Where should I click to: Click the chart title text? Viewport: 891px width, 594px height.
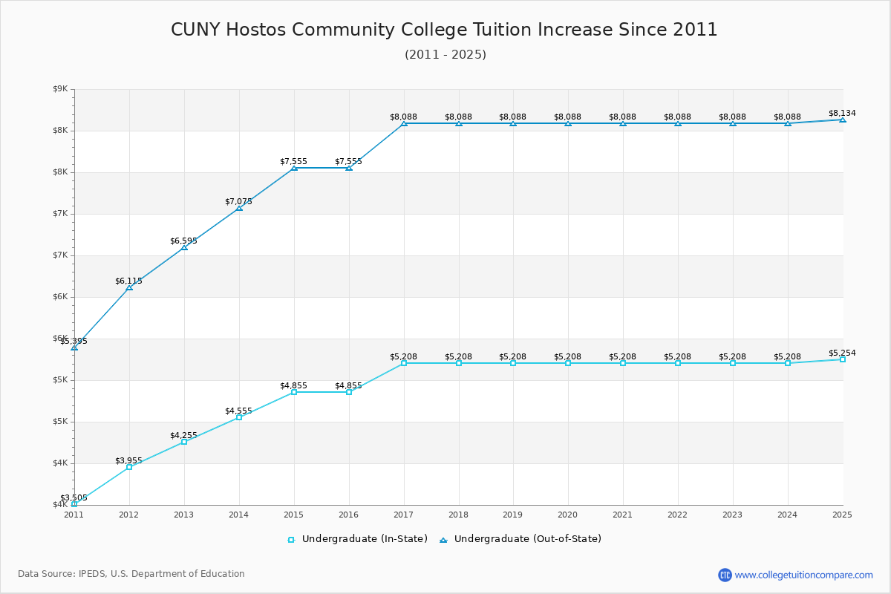(x=444, y=30)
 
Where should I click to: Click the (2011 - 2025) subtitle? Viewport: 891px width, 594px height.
(x=446, y=54)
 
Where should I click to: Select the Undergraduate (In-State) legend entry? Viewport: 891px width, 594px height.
(x=357, y=539)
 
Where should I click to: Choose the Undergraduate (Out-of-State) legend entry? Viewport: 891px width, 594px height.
(x=520, y=539)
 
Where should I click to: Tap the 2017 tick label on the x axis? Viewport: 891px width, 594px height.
(x=403, y=515)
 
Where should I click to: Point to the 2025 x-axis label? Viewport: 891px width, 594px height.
(x=842, y=515)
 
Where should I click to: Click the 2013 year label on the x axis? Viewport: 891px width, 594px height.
(x=184, y=515)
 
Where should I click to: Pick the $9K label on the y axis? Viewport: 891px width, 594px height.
(x=60, y=88)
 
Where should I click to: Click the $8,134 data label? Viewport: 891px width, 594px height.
(x=842, y=113)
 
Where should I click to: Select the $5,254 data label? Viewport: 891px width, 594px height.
(x=842, y=353)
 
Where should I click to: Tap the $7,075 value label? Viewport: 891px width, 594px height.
(x=238, y=202)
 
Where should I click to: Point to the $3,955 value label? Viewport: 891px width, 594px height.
(x=129, y=460)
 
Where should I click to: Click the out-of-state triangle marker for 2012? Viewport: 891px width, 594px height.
(x=129, y=287)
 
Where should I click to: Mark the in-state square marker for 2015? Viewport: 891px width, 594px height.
(x=294, y=392)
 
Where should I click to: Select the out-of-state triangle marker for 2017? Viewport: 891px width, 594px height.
(x=404, y=124)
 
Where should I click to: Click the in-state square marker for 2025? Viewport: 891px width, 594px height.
(x=843, y=359)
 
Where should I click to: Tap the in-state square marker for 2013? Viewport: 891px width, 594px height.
(x=184, y=442)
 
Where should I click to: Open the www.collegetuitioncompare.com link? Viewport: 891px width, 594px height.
(x=803, y=575)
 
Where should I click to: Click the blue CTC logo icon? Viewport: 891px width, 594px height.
(x=725, y=575)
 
